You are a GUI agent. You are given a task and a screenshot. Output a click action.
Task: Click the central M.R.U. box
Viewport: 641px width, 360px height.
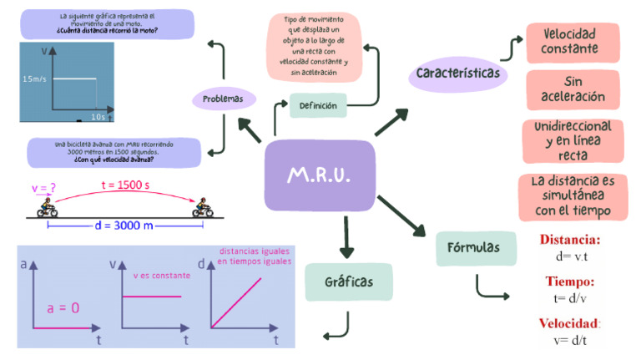click(319, 176)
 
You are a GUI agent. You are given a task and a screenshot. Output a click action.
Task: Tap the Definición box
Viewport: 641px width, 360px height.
click(318, 106)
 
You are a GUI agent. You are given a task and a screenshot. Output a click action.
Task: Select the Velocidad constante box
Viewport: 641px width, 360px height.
click(573, 42)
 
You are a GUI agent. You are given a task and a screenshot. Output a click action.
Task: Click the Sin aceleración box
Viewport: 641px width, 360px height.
click(573, 89)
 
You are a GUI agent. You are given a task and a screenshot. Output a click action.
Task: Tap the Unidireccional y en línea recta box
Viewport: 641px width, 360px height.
click(573, 140)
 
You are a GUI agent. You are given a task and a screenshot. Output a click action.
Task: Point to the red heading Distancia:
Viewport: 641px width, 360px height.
click(570, 240)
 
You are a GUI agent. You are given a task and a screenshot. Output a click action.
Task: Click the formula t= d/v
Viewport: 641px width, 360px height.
click(569, 298)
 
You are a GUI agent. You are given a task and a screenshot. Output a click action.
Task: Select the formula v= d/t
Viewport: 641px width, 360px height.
click(569, 340)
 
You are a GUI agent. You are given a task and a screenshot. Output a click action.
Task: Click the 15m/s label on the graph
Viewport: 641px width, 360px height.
click(36, 79)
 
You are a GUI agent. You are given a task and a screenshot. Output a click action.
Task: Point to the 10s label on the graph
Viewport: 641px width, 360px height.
click(98, 115)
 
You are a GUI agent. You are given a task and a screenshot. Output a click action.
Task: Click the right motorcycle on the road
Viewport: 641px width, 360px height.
click(201, 209)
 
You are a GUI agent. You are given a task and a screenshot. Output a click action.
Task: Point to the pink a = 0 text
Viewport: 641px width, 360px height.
click(63, 307)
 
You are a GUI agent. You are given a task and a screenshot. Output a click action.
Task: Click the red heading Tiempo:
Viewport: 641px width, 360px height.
click(570, 281)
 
